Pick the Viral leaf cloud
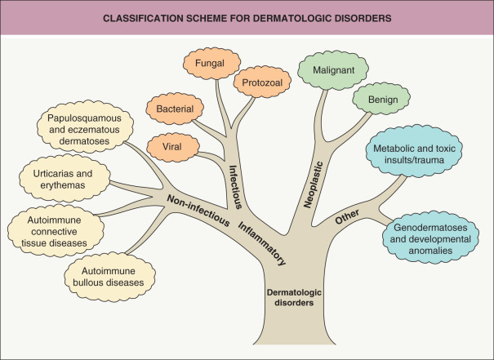click(171, 147)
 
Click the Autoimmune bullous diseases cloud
click(108, 274)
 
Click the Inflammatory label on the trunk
click(263, 242)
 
